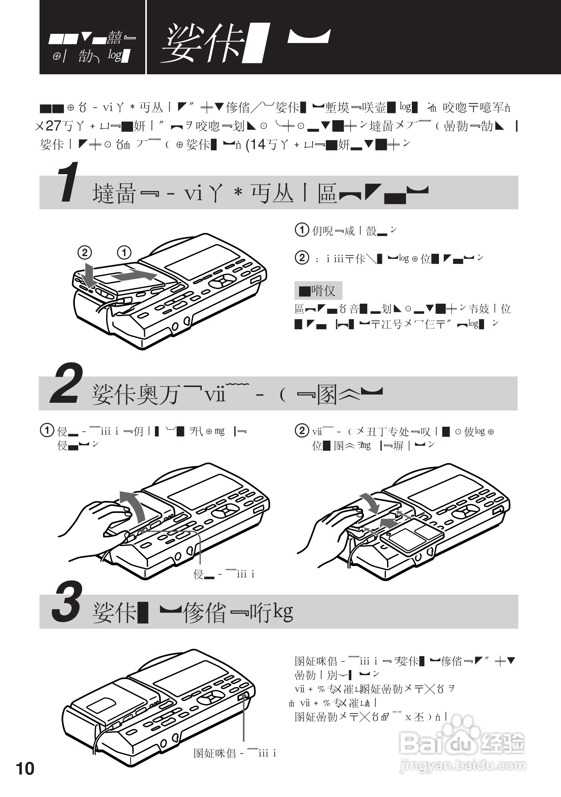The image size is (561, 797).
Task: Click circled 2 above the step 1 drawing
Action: click(85, 253)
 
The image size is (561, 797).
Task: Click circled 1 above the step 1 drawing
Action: click(124, 253)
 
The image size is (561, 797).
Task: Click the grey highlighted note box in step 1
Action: click(318, 291)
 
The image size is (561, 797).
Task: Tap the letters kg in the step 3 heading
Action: click(283, 612)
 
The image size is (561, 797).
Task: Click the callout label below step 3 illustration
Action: click(235, 753)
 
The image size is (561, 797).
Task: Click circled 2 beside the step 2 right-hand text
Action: click(302, 431)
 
